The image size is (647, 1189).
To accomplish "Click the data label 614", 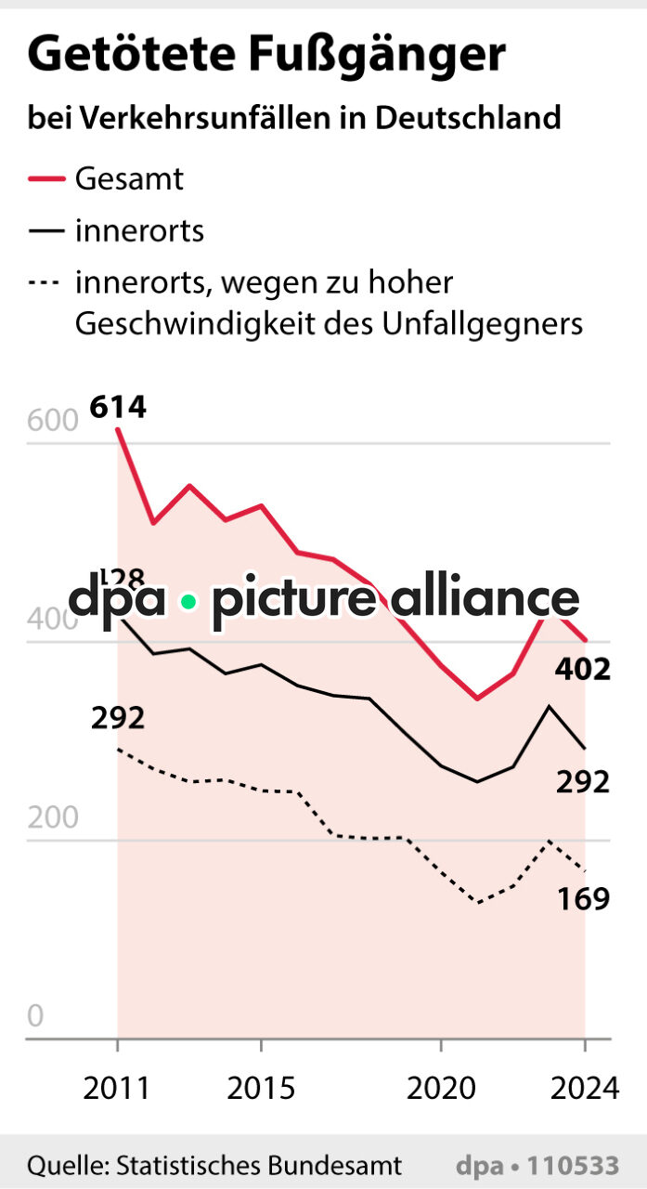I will click(x=118, y=407).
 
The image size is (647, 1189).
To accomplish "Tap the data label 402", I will click(x=583, y=669).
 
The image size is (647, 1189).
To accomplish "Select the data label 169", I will click(x=583, y=898).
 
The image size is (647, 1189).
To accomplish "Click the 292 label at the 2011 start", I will click(x=118, y=718).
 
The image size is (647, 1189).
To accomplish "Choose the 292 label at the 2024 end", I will click(x=583, y=782).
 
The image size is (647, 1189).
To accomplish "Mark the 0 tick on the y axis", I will click(x=35, y=1016).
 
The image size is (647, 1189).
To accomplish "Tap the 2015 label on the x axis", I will click(x=261, y=1088).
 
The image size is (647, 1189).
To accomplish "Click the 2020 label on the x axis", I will click(x=440, y=1088).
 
